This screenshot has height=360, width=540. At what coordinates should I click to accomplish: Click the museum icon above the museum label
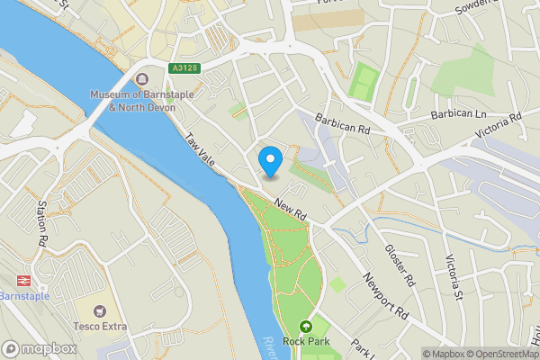click(143, 77)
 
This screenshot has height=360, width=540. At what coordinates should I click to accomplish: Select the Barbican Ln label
click(458, 114)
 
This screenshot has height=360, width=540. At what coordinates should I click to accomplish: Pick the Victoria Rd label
click(499, 128)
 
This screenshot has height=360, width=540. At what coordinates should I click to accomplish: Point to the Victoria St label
click(453, 277)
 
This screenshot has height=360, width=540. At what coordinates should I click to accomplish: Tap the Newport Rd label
click(386, 297)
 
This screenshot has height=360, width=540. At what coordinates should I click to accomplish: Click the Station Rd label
click(41, 224)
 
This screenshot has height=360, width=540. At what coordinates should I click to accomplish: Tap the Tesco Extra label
click(100, 326)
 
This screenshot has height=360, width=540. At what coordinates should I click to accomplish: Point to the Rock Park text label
click(307, 343)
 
